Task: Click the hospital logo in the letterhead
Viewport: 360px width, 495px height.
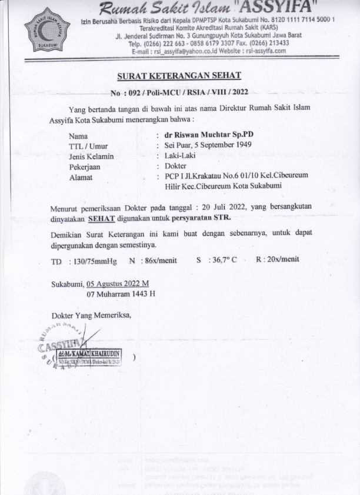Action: click(46, 29)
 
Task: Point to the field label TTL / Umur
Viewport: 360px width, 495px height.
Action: click(88, 145)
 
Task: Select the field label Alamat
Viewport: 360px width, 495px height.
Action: click(81, 177)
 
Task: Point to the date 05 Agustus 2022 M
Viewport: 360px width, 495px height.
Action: click(118, 283)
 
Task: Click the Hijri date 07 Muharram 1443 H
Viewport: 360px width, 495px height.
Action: click(121, 293)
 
